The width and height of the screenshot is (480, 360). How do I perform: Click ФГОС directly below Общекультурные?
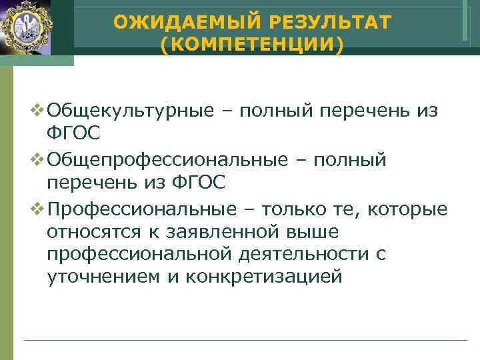coord(74,133)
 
